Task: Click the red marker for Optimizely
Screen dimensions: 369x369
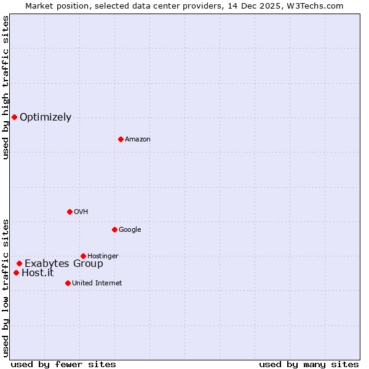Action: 14,117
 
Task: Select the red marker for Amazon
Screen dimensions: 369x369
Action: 121,139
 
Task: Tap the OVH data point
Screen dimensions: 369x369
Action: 69,212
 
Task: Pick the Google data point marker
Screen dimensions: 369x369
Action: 114,229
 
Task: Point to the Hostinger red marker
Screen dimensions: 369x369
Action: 83,256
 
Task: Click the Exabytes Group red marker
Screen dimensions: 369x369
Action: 19,263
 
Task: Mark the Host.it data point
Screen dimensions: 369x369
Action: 16,272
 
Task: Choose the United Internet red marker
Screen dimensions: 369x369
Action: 68,283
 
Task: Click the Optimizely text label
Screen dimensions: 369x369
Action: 46,117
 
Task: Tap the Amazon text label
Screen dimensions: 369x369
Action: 138,140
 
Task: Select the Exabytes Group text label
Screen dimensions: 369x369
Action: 64,264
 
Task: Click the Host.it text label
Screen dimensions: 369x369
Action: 38,273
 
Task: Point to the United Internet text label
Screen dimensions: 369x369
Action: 97,284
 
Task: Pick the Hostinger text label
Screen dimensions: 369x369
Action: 103,256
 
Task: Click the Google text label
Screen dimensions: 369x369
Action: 130,230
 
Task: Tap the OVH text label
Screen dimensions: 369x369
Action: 81,212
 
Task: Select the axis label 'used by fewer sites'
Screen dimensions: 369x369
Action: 63,364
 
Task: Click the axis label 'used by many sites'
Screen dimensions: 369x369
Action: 309,364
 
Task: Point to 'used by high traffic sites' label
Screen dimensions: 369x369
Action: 6,87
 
